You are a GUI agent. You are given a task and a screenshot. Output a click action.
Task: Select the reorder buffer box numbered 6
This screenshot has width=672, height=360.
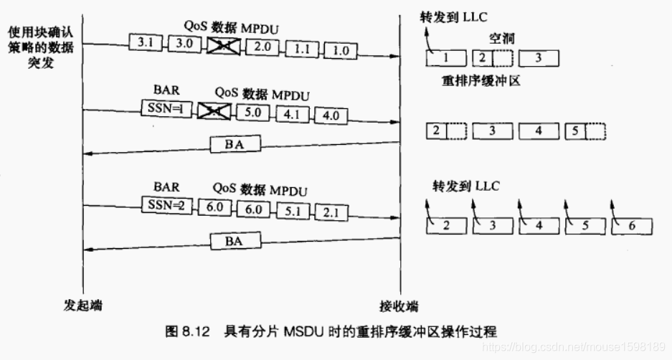tap(633, 226)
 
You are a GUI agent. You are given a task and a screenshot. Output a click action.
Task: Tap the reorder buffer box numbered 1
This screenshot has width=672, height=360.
tap(445, 57)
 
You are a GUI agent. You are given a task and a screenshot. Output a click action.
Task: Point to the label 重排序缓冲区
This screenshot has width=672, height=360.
tap(481, 81)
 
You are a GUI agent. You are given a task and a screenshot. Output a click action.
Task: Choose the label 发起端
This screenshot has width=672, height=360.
tap(82, 305)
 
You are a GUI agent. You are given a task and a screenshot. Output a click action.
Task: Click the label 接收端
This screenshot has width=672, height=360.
tap(399, 305)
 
